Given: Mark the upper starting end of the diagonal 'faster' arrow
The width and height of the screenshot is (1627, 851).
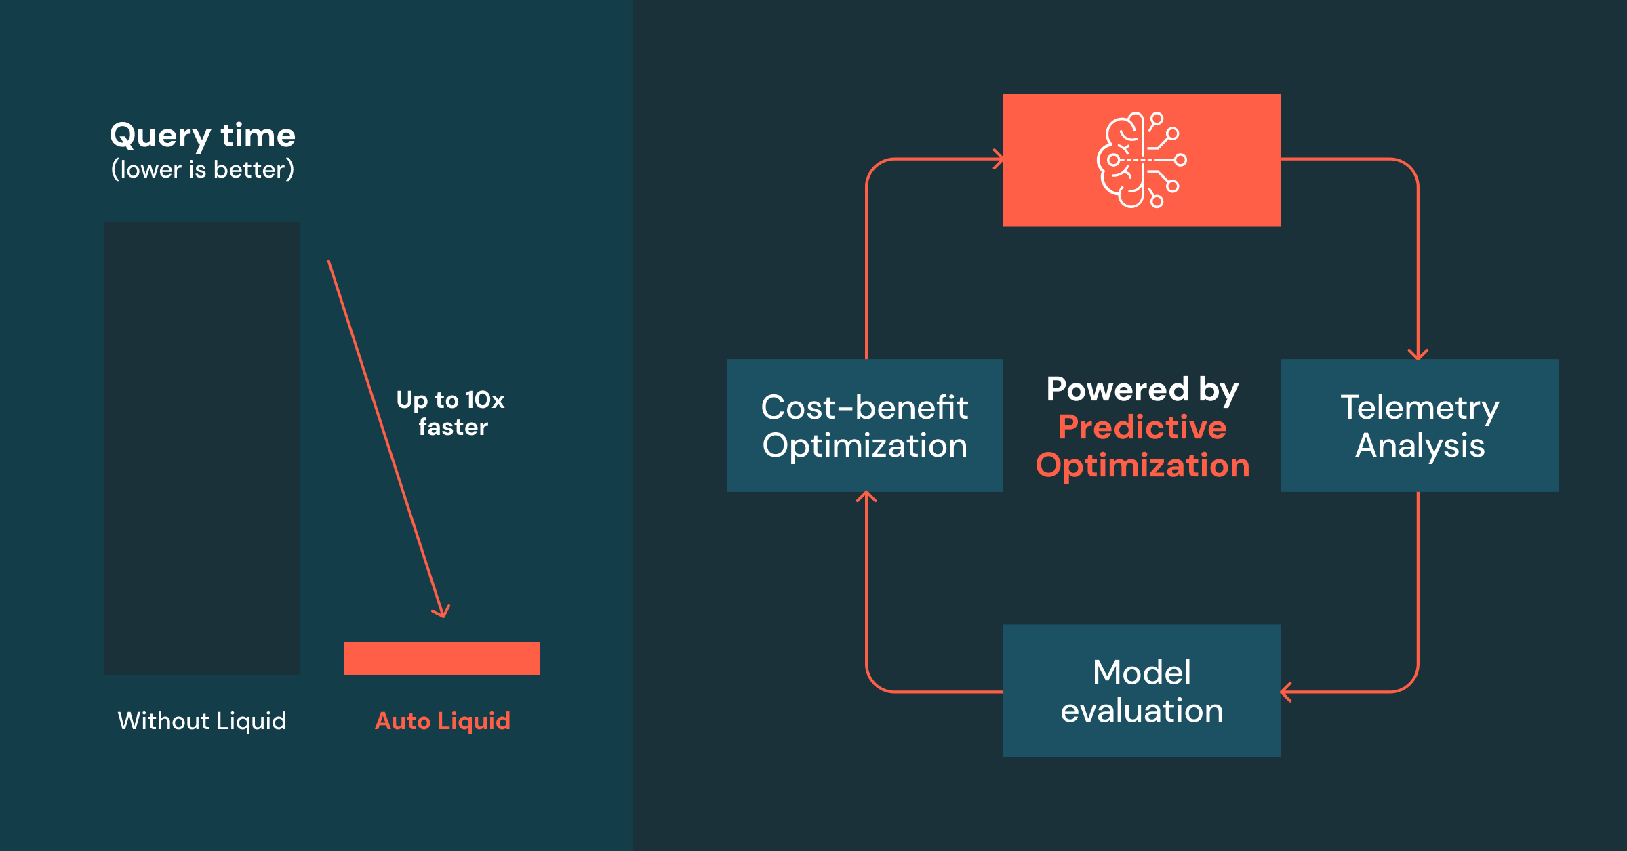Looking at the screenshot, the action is [328, 260].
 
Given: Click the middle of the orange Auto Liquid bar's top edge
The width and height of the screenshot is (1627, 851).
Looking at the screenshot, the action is [442, 642].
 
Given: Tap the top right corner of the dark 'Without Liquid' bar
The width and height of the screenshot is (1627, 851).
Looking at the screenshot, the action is [300, 222].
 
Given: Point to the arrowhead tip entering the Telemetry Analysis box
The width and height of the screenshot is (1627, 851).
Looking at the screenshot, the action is [1418, 359].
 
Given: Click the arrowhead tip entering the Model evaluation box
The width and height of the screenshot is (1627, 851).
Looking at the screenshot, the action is [1281, 692].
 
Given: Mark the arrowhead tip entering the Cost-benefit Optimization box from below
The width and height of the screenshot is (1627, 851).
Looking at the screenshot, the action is [866, 492].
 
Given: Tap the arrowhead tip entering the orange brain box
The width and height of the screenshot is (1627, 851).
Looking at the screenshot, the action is [1003, 159].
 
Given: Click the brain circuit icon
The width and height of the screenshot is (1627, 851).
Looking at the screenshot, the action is [1142, 160].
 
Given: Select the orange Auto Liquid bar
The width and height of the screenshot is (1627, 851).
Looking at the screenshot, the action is [442, 659].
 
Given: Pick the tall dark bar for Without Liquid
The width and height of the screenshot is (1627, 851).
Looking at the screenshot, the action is [202, 449].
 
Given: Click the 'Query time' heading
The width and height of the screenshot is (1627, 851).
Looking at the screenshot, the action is [203, 136].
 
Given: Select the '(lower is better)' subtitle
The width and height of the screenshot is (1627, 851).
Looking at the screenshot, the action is [203, 169].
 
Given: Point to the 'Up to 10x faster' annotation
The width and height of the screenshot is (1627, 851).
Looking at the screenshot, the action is [451, 413].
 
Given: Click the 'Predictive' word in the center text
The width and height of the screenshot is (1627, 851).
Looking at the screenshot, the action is [1142, 428].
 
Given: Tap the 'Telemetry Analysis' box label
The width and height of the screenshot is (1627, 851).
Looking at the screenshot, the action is [1420, 426].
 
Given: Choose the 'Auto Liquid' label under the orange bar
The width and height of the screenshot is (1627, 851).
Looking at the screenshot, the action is [443, 721].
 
